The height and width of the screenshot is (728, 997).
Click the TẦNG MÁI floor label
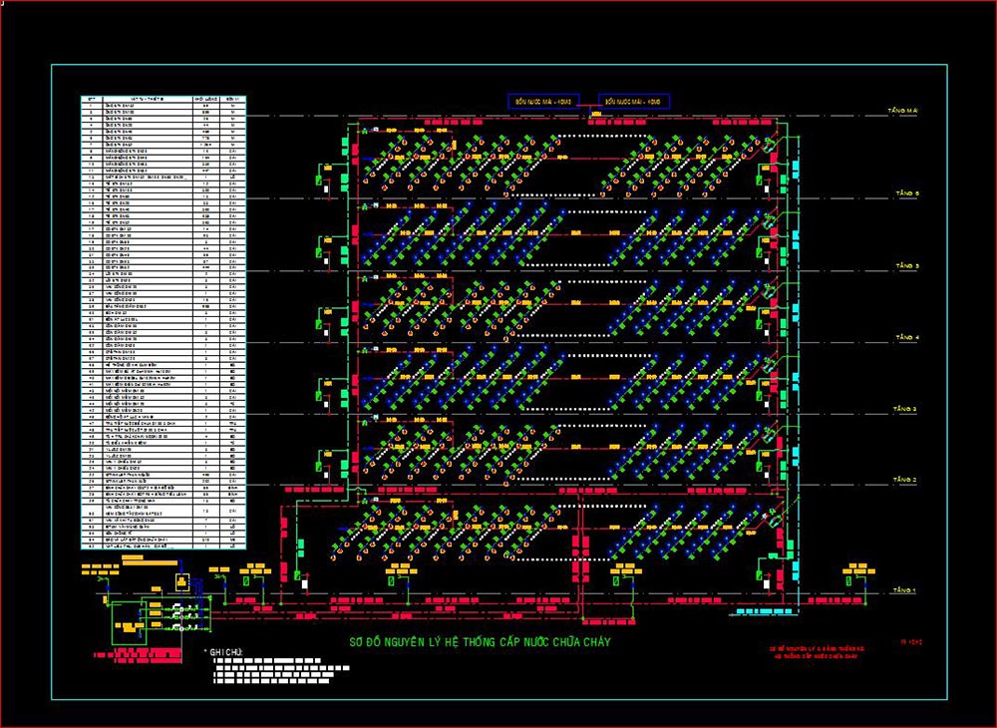(x=909, y=111)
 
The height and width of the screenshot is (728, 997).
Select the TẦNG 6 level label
(x=907, y=192)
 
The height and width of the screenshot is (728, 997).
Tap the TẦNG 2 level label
(x=905, y=481)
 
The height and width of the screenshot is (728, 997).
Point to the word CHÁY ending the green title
(x=594, y=642)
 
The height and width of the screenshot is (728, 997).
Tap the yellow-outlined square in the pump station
(x=181, y=582)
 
